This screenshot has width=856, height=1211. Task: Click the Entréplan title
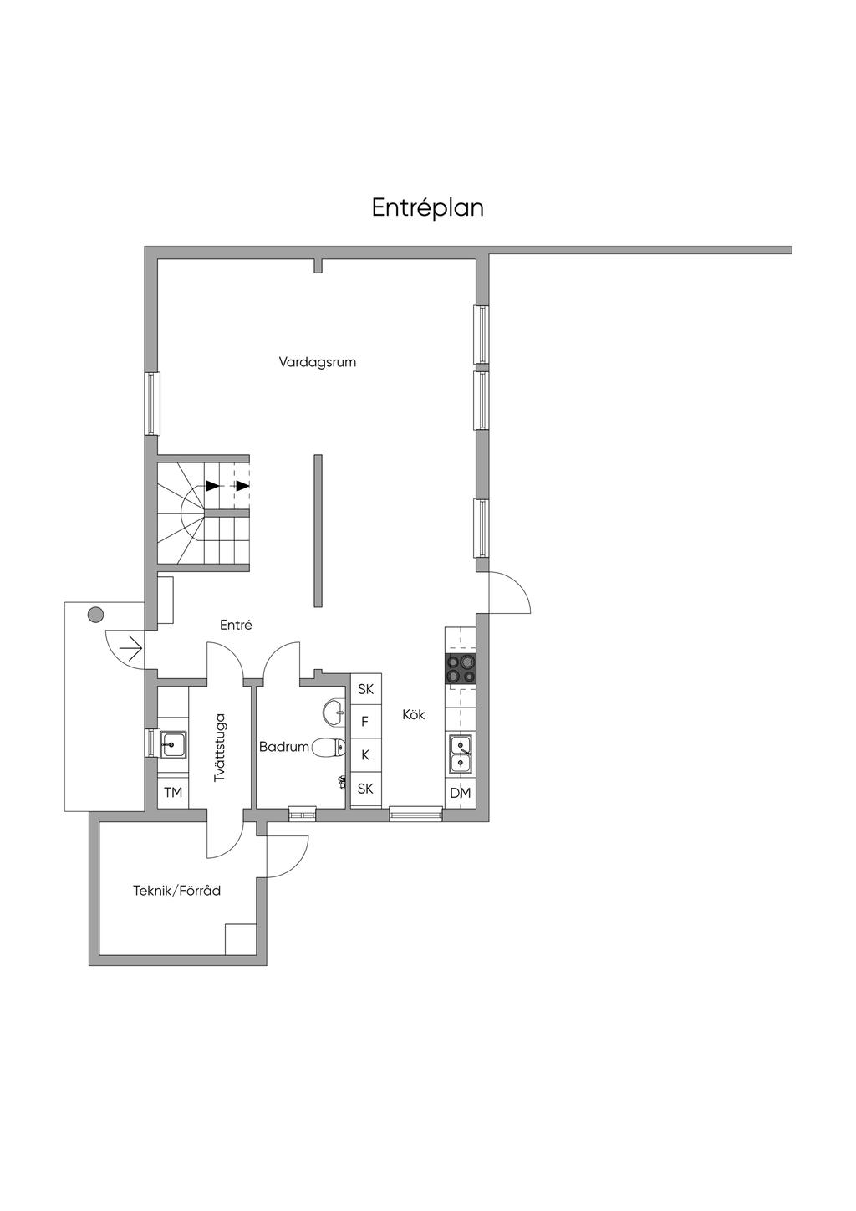point(427,208)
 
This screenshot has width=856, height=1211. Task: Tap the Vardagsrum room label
point(318,362)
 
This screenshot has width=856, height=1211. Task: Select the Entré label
point(237,625)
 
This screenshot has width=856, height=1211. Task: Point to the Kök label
point(414,714)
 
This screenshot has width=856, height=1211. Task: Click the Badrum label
point(284,747)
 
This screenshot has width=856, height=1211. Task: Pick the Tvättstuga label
point(220,748)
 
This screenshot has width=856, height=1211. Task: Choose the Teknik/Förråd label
point(176,891)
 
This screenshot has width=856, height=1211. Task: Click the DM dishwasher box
point(461,793)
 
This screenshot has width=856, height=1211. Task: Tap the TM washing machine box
point(173,793)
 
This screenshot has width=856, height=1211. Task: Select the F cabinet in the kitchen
point(366,721)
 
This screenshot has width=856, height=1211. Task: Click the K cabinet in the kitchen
point(366,754)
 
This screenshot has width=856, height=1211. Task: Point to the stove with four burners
point(461,670)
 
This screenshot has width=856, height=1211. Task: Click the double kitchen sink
point(461,754)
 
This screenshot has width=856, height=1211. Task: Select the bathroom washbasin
point(334,711)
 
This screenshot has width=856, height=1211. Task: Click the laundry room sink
point(173,744)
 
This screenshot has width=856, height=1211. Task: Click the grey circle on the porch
point(95,614)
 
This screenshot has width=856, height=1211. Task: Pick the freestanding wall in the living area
point(318,530)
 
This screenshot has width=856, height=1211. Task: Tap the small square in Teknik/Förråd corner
point(241,939)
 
